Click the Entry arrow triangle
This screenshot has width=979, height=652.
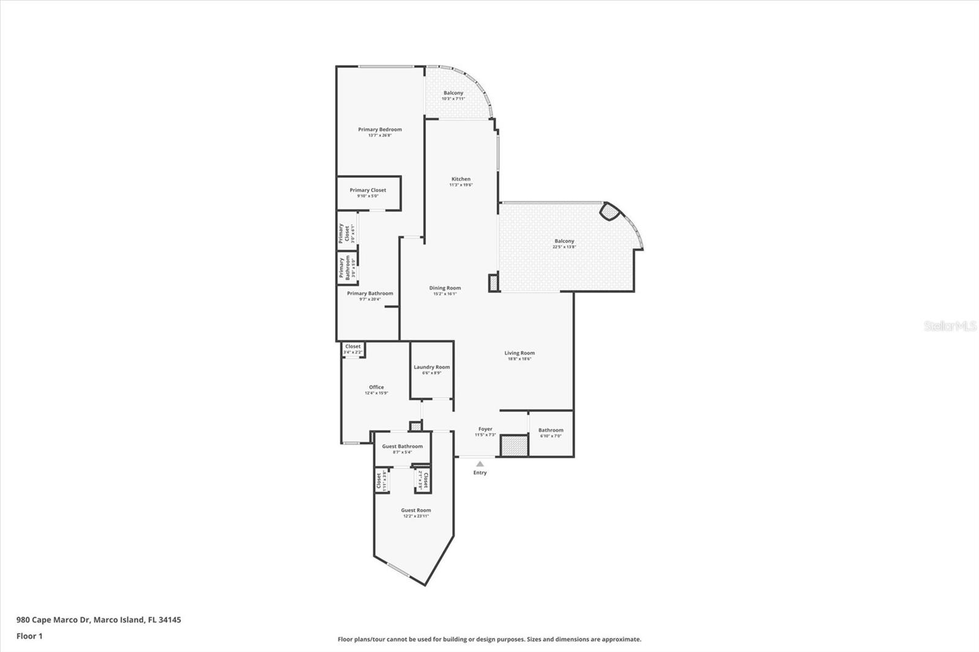[x=480, y=464]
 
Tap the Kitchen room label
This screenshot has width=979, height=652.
[x=461, y=179]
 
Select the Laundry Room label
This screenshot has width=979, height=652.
[x=431, y=367]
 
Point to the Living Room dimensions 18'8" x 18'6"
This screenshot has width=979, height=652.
[x=519, y=359]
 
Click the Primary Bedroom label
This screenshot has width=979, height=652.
[x=380, y=130]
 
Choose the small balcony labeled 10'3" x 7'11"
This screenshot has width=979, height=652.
[x=453, y=95]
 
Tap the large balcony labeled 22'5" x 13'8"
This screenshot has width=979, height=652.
[x=564, y=244]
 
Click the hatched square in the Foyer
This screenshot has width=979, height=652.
[x=514, y=445]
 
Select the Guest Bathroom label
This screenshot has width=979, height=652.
[x=402, y=446]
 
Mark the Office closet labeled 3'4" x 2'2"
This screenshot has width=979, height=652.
[x=352, y=349]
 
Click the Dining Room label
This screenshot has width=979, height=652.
[x=445, y=288]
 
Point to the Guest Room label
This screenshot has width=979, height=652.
[x=416, y=510]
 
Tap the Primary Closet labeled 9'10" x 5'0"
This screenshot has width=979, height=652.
[x=368, y=193]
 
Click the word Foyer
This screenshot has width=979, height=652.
[x=485, y=429]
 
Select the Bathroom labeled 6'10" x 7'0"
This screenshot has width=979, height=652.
[x=551, y=433]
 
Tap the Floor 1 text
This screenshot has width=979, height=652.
[x=29, y=636]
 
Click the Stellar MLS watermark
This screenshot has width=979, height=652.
[x=950, y=326]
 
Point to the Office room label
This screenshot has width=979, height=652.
[x=376, y=387]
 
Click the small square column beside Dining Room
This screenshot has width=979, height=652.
[x=494, y=283]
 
